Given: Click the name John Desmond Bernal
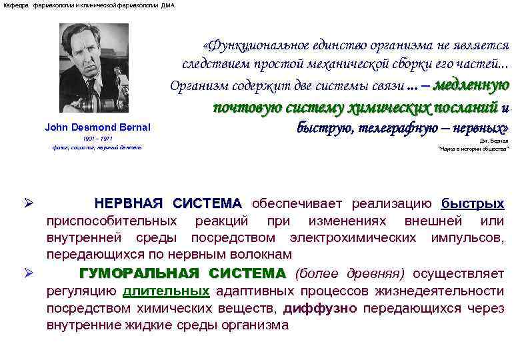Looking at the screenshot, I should pos(97,127).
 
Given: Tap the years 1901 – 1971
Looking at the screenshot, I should pos(97,138).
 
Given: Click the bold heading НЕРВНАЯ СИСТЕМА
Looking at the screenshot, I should pos(168,203).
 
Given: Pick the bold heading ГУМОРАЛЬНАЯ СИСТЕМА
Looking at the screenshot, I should pos(181,273).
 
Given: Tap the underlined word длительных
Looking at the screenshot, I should pos(166,291).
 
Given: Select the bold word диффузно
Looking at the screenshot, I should pos(321,308).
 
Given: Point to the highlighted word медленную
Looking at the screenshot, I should pos(471,85).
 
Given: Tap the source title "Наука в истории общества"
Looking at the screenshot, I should pos(473,150).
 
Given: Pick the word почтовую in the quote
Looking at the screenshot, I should pos(247,107).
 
